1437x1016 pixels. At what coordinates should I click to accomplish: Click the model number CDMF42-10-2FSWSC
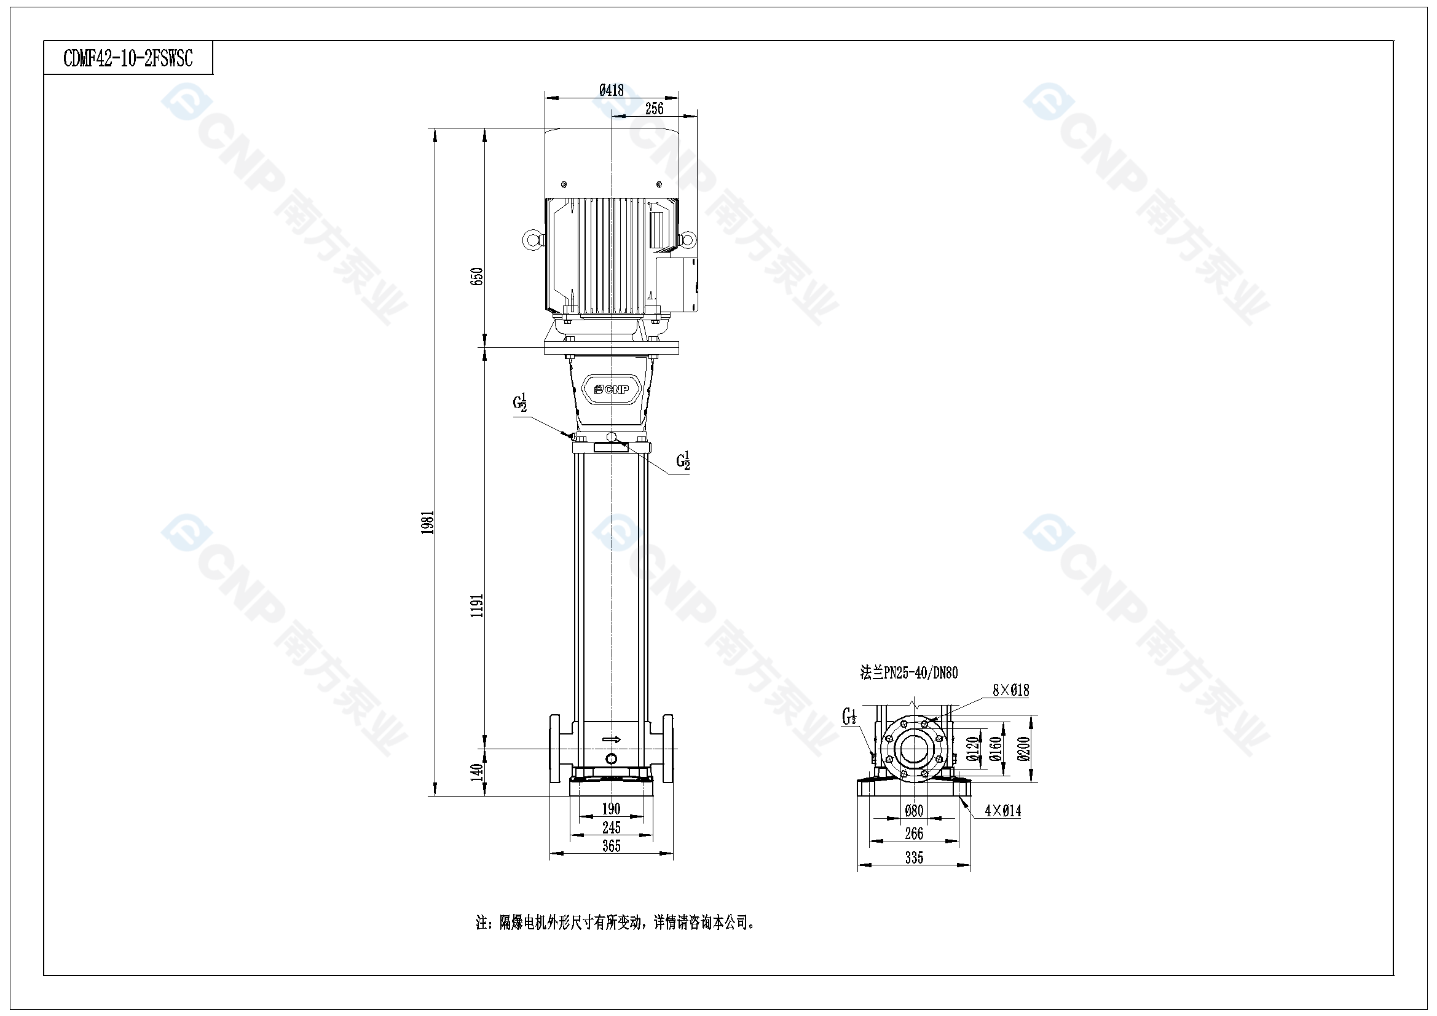tap(128, 58)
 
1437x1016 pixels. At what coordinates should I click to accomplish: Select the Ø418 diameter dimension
tap(612, 90)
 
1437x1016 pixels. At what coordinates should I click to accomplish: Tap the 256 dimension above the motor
tap(654, 108)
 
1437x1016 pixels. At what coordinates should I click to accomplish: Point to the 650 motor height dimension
tap(477, 276)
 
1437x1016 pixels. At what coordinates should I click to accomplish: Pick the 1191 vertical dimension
tap(477, 605)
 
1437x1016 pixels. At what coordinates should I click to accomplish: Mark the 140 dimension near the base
tap(477, 771)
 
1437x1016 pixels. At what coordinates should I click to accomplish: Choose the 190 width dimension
tap(611, 809)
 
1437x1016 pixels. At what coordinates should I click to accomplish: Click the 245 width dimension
tap(611, 827)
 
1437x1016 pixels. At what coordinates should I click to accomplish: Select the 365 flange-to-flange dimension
tap(611, 846)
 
